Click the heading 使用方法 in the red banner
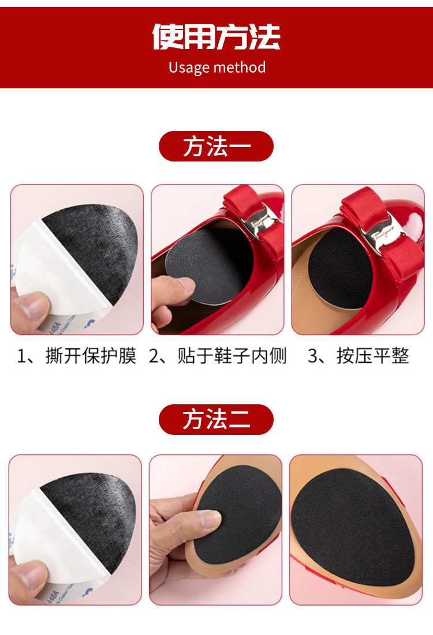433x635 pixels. (216, 37)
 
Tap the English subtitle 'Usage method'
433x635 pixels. (217, 67)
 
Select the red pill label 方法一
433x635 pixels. (216, 146)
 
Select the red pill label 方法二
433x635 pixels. (216, 419)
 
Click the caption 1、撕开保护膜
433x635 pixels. (76, 356)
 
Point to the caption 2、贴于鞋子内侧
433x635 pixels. (218, 356)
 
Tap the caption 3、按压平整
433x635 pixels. (358, 356)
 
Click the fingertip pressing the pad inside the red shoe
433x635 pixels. (184, 284)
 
